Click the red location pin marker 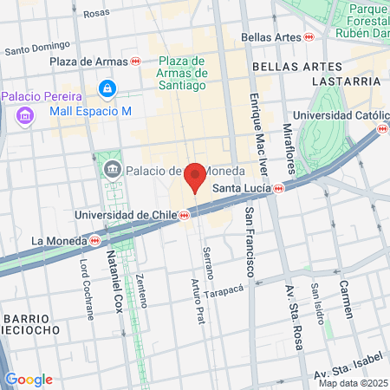click(196, 176)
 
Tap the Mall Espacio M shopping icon click(107, 88)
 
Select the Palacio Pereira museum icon click(24, 114)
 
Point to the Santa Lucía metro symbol click(278, 188)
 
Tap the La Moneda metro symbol click(94, 240)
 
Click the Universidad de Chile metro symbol click(185, 215)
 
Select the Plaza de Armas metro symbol click(136, 62)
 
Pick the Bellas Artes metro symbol click(309, 37)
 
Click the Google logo click(29, 380)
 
